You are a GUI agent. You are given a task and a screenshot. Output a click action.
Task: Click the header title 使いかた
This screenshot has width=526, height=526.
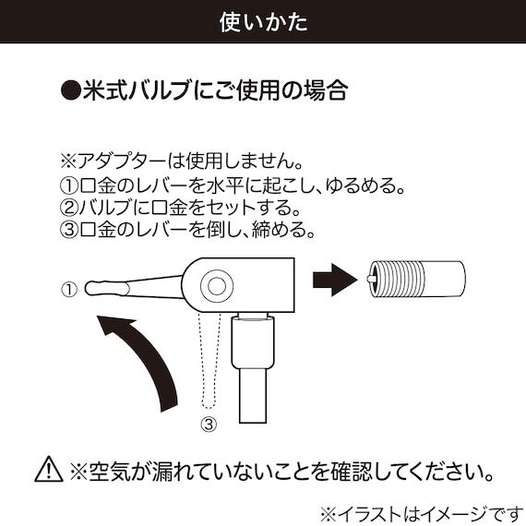pos(263,20)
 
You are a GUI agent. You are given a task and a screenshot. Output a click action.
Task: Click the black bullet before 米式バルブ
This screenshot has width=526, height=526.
pos(70,91)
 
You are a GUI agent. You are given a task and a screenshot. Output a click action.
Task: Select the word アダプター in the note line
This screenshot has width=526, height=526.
pos(118,163)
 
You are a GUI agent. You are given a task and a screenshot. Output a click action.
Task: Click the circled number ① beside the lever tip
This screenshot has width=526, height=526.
pos(68,289)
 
